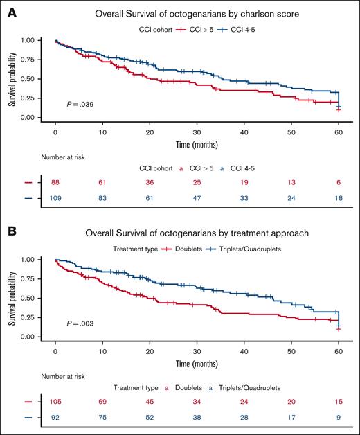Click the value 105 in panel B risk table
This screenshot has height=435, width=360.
[x=55, y=401]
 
